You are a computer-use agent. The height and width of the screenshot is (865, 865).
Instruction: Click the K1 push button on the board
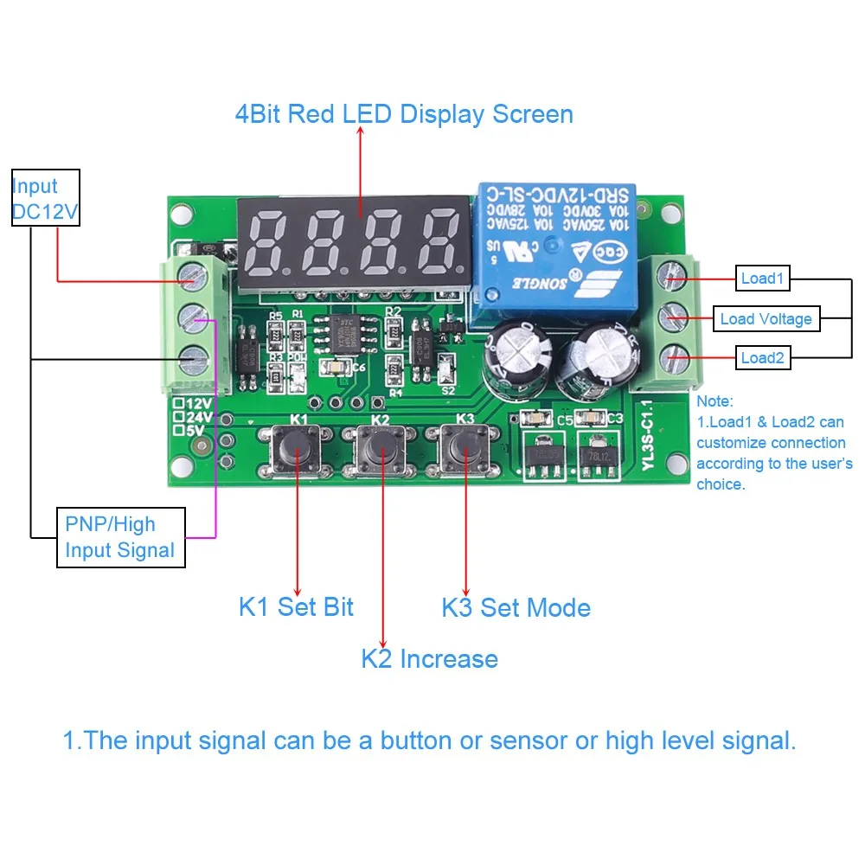pyautogui.click(x=297, y=451)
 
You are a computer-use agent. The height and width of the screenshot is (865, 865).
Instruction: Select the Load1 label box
pyautogui.click(x=762, y=279)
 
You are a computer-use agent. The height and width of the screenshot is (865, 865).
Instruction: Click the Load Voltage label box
pyautogui.click(x=766, y=319)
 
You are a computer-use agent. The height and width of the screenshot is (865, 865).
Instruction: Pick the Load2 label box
pyautogui.click(x=762, y=358)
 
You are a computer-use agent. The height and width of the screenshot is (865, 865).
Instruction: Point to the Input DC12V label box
pyautogui.click(x=46, y=198)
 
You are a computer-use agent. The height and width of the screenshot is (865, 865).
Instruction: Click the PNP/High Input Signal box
pyautogui.click(x=120, y=537)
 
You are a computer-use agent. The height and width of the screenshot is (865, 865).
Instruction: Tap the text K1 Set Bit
pyautogui.click(x=296, y=606)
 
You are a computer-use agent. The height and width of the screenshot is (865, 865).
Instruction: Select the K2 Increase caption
pyautogui.click(x=429, y=659)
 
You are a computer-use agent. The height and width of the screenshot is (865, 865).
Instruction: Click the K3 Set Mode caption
pyautogui.click(x=516, y=607)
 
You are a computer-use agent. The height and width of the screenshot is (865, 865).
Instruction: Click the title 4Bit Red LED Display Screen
pyautogui.click(x=404, y=114)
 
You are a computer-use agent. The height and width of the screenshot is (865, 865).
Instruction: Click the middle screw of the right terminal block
pyautogui.click(x=673, y=318)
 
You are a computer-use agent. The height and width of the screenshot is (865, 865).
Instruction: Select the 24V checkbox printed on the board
pyautogui.click(x=178, y=416)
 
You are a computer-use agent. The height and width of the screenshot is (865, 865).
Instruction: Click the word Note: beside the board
pyautogui.click(x=714, y=401)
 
